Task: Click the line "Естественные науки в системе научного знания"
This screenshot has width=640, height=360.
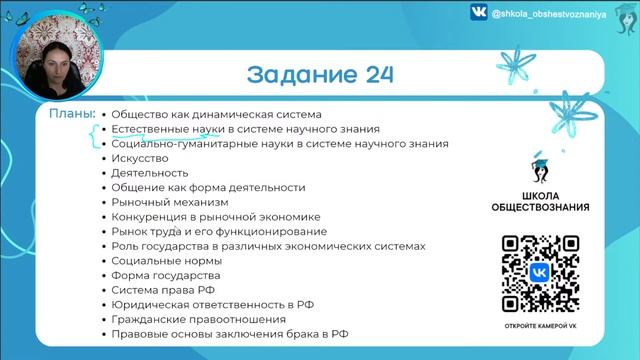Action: point(245,129)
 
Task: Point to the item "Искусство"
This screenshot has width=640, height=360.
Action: point(140,158)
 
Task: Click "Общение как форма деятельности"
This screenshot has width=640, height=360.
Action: point(208,187)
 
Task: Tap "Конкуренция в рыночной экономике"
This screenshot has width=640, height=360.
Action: point(215,216)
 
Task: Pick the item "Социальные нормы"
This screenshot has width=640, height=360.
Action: point(167,260)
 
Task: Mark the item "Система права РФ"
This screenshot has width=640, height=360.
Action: point(163,289)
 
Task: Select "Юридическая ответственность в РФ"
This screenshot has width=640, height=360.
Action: point(211,304)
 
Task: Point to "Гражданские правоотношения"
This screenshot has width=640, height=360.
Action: point(191,318)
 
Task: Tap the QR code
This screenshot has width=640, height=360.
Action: point(539,273)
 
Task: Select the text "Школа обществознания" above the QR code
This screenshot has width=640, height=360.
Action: point(539,201)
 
